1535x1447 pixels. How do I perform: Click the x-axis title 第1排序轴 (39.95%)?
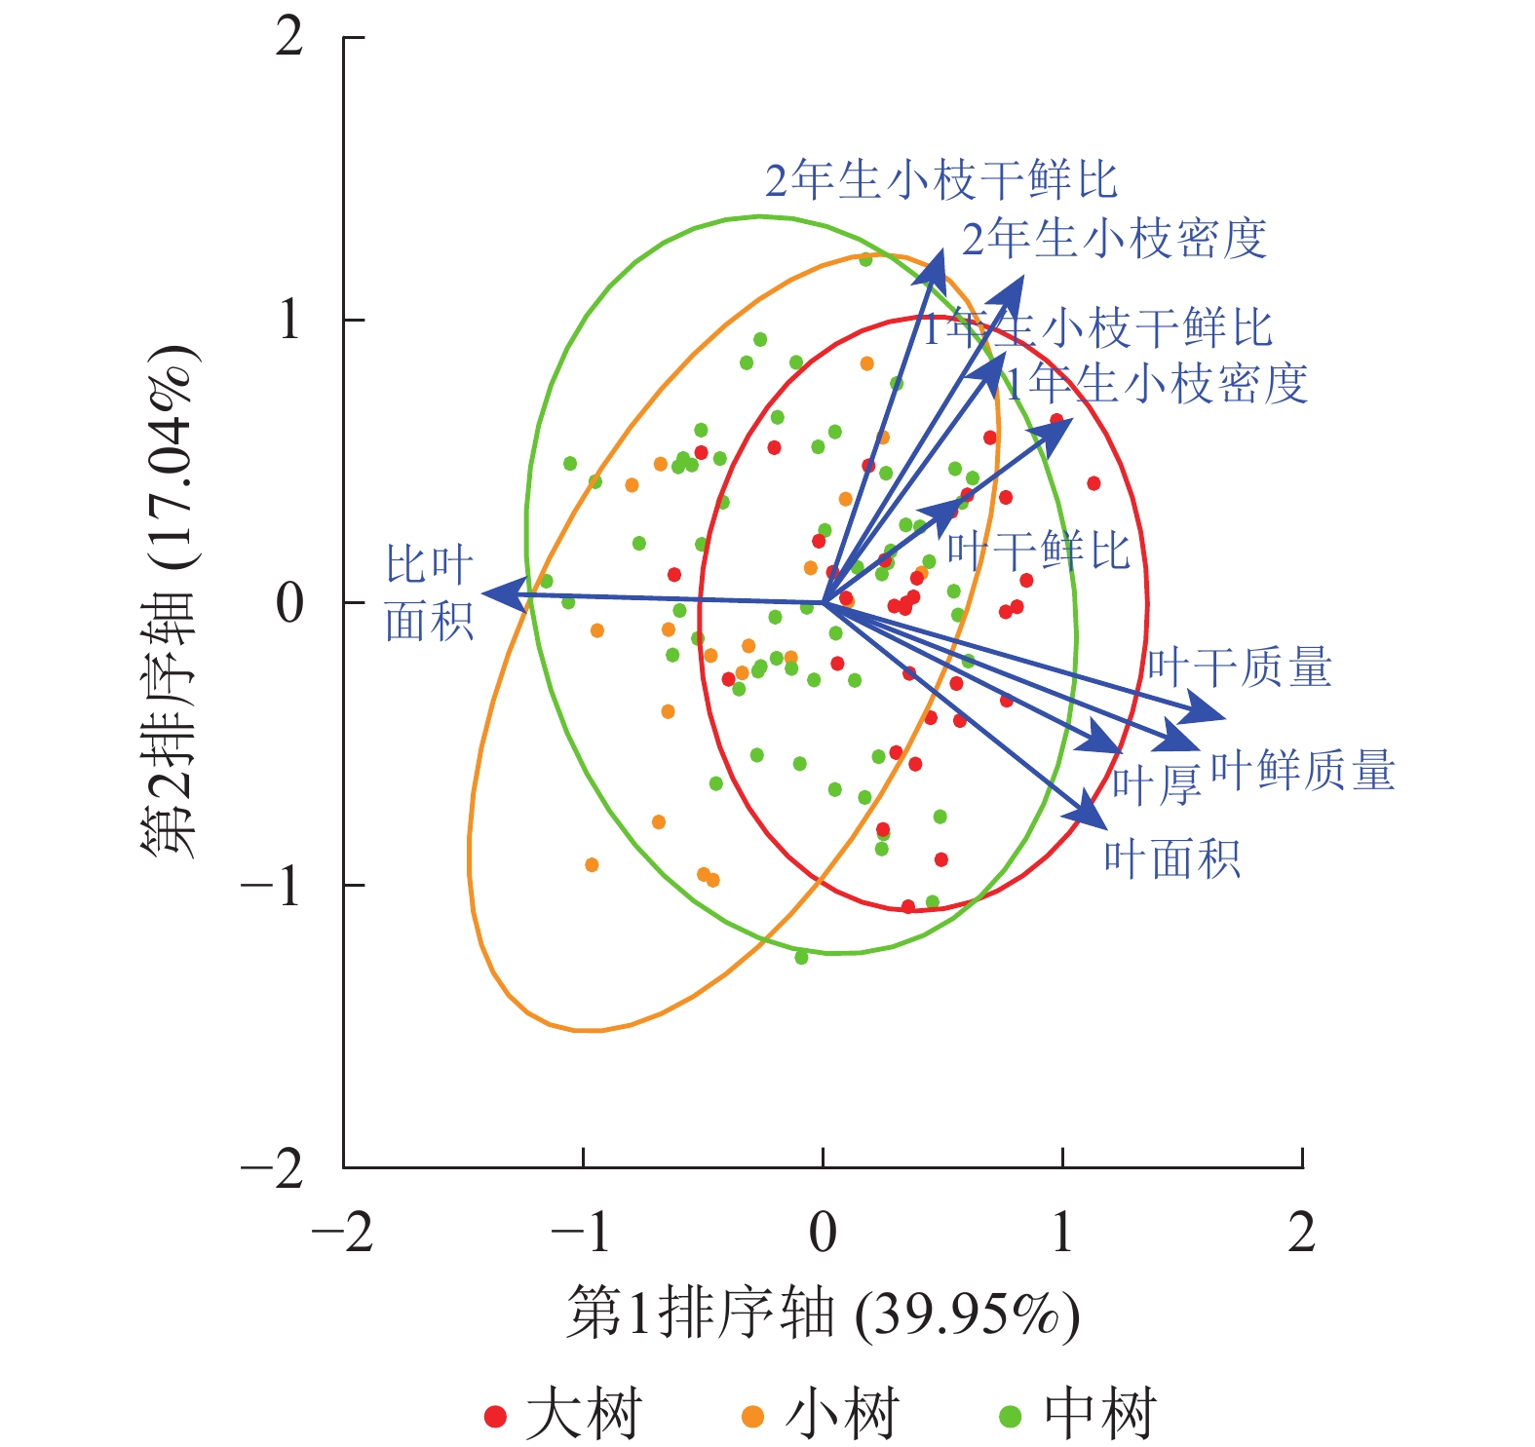823,1314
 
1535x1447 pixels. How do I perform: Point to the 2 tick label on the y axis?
289,38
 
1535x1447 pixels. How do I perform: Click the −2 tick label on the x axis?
342,1233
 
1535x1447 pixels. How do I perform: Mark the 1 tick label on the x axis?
1062,1233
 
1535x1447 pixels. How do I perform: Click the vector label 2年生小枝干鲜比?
940,180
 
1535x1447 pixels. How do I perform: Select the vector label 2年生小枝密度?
1114,239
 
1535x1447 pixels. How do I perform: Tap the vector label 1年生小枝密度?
1156,384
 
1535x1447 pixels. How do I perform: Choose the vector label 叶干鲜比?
1038,552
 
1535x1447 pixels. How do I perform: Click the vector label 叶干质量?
1239,668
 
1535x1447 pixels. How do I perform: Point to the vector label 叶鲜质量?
1302,771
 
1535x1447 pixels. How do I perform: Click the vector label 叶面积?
1171,859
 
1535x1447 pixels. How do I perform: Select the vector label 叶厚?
1156,785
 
